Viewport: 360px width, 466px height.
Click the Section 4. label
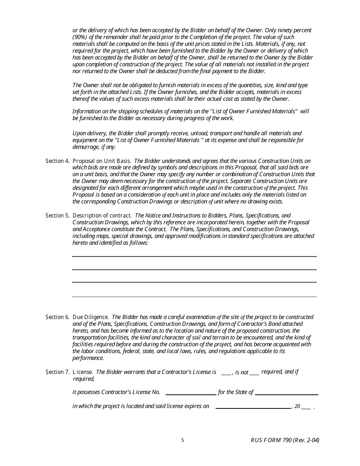58,161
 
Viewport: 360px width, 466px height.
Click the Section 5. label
58,216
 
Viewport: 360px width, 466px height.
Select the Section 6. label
58,317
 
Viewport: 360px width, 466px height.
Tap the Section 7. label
58,372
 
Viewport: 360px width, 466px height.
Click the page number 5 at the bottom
183,440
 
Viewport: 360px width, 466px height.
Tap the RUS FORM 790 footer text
285,440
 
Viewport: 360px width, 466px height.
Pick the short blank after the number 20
306,408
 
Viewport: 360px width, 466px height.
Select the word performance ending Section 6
88,358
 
